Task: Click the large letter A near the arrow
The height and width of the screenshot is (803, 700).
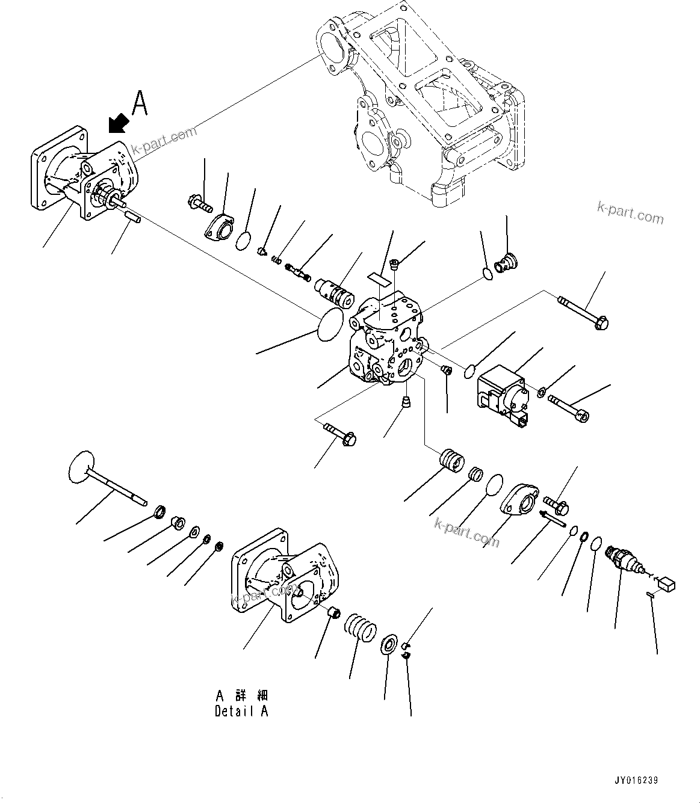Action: [140, 103]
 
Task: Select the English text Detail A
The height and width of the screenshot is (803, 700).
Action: [241, 711]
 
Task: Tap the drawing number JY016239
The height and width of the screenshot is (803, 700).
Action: [636, 781]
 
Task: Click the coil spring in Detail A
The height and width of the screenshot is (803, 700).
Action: [360, 628]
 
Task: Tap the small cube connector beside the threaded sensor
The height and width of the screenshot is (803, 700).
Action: [666, 583]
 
